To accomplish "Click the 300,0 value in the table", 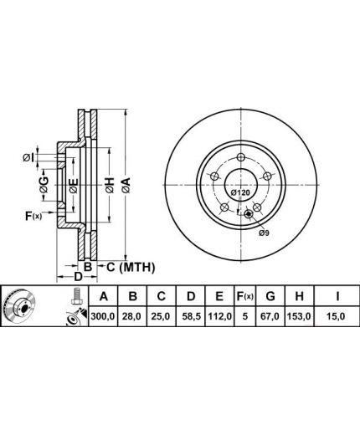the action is (x=103, y=316).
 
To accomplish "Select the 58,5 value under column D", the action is (x=191, y=316).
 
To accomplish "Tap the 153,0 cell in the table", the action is (x=300, y=316).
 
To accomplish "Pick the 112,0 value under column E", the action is (x=219, y=316).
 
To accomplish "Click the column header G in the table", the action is (x=270, y=296).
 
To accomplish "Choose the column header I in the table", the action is (x=337, y=296).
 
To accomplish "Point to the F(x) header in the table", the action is (x=244, y=296).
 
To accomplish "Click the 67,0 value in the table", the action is (x=270, y=316).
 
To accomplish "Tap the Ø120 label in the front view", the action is (x=240, y=192).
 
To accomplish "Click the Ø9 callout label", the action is (x=264, y=233).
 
